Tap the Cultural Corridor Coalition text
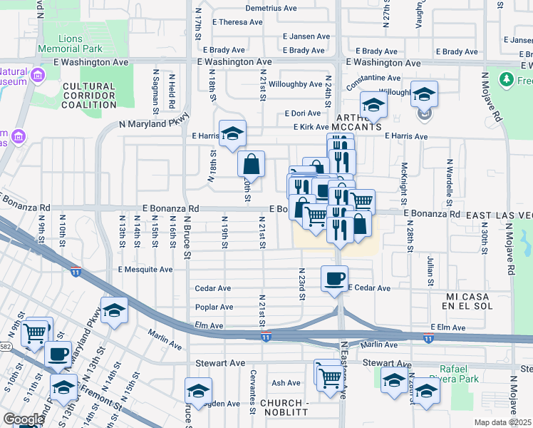(88, 95)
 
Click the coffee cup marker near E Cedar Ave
(334, 279)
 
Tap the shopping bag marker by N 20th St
(251, 165)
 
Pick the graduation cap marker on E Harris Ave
(232, 133)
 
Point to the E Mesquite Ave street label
(145, 270)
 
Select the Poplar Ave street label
(214, 307)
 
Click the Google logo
(23, 419)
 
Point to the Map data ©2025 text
(502, 422)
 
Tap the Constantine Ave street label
(373, 78)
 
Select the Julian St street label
(430, 269)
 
